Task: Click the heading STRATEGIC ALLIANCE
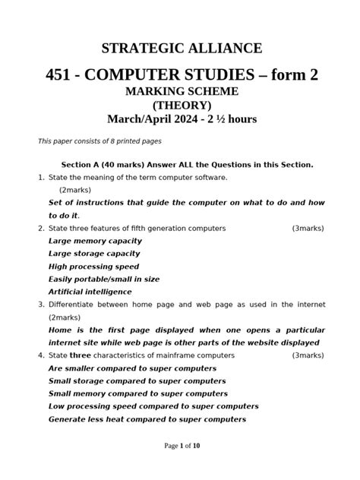click(x=180, y=49)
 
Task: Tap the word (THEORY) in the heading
click(x=180, y=106)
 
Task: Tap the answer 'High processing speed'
click(x=93, y=266)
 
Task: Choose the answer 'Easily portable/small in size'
click(x=104, y=279)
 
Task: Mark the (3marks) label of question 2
click(x=308, y=228)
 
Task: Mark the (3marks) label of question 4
click(x=308, y=355)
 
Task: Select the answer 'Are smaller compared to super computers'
click(x=132, y=368)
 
